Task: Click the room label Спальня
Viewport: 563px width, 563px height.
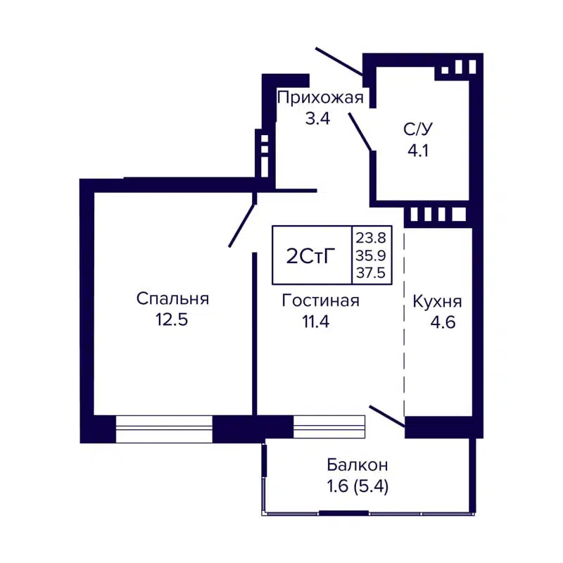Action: click(172, 299)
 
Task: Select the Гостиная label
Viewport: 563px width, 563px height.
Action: click(320, 301)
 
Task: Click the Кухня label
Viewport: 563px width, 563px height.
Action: click(437, 302)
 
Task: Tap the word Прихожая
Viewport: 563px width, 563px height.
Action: click(320, 98)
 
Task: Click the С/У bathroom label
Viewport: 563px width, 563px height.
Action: click(418, 129)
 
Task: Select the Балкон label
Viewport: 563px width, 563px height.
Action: click(358, 465)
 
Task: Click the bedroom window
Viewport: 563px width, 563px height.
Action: click(164, 429)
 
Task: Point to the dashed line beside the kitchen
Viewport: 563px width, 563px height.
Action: click(405, 324)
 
